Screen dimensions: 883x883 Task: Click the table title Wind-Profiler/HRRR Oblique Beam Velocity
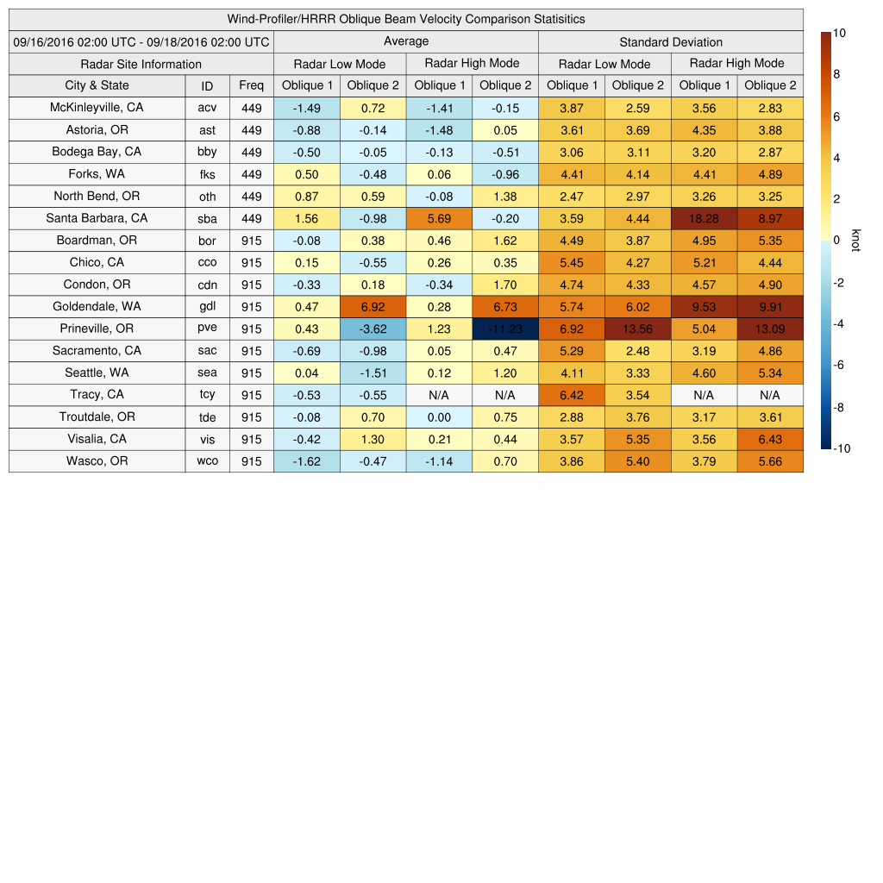[x=405, y=19]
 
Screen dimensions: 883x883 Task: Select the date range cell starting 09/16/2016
[x=141, y=41]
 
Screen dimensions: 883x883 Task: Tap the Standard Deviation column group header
[x=670, y=41]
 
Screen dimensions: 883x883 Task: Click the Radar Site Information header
[x=141, y=64]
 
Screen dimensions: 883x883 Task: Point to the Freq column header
[x=251, y=85]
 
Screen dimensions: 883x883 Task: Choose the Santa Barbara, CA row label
[x=97, y=218]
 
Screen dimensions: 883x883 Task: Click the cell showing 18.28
[x=704, y=219]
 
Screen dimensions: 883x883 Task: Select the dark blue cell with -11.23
[x=504, y=329]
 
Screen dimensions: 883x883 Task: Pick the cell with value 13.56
[x=637, y=329]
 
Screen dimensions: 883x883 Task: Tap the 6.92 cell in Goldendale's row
[x=373, y=307]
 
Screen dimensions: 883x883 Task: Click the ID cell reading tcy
[x=207, y=395]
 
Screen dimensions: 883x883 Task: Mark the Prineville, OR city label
[x=97, y=329]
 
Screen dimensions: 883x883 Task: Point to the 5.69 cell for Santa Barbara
[x=439, y=219]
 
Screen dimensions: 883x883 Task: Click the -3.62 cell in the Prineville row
[x=373, y=329]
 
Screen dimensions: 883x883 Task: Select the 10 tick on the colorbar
[x=839, y=33]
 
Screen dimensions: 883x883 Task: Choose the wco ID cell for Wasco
[x=207, y=461]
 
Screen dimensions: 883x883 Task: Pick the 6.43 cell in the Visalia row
[x=770, y=439]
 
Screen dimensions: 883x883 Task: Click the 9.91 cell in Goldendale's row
[x=770, y=307]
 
